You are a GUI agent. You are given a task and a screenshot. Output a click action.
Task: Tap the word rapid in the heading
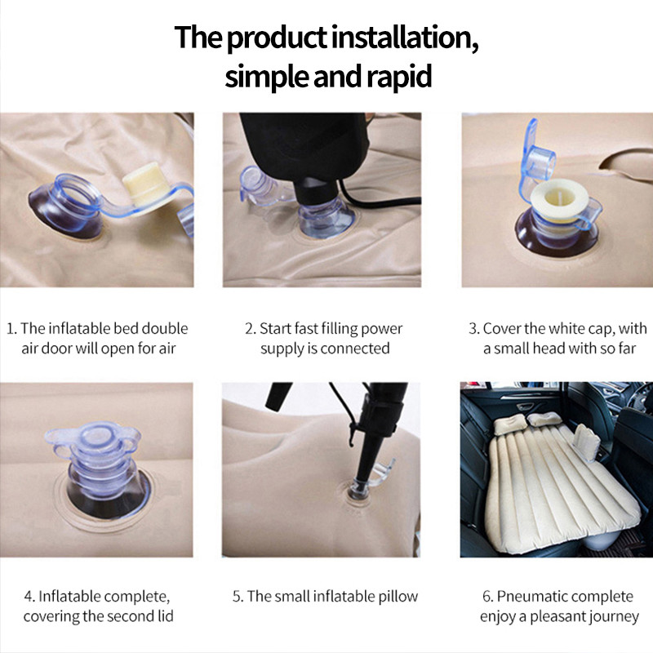coord(398,77)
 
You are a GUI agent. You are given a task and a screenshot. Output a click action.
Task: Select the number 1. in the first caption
coord(11,329)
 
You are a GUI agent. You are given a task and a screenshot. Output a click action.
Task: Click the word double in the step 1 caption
coord(165,328)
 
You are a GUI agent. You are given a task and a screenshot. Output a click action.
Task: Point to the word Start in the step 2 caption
coord(275,329)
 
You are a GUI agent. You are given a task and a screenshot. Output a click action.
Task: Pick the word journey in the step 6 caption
coord(613,617)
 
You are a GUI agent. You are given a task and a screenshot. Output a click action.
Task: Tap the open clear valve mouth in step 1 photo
coord(77,193)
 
